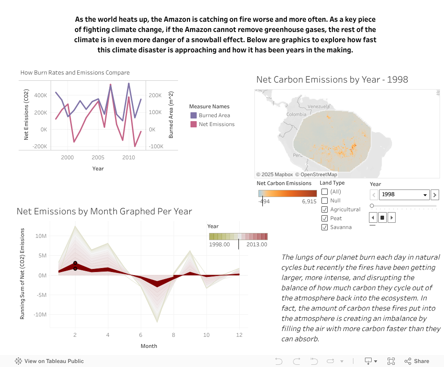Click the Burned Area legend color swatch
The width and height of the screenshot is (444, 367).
[x=194, y=115]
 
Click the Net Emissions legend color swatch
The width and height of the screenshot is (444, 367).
[x=194, y=124]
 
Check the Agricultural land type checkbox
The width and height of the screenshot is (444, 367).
[x=325, y=209]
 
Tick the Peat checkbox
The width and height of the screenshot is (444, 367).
[x=325, y=218]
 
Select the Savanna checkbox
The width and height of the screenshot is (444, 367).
[x=325, y=227]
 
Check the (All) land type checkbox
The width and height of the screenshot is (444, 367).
[x=325, y=192]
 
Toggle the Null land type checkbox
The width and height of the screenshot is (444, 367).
[x=325, y=201]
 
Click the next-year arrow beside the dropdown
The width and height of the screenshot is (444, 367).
[x=435, y=194]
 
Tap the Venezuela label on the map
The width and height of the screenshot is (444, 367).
[x=318, y=107]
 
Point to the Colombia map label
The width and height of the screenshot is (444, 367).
[x=296, y=114]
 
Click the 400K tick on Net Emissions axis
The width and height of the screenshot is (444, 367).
[x=40, y=95]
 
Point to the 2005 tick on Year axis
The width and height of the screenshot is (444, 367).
[x=98, y=158]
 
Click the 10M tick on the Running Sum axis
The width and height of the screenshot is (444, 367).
[x=41, y=236]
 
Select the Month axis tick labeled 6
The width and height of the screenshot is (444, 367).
[x=141, y=335]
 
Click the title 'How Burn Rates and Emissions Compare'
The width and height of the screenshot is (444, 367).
[x=75, y=73]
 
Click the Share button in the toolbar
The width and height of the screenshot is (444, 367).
[x=417, y=361]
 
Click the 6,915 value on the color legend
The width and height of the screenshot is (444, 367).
[x=309, y=201]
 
